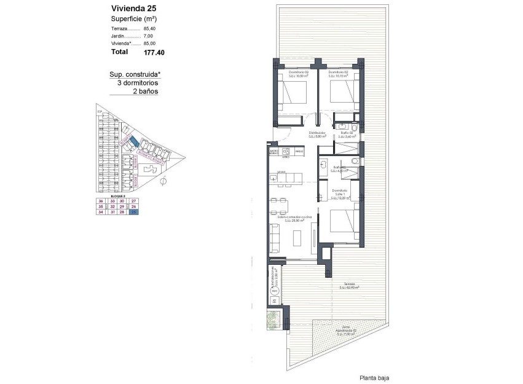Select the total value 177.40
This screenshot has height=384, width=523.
coord(154,53)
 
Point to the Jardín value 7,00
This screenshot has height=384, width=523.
coord(149,36)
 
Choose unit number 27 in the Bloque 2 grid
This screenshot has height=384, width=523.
coord(134,201)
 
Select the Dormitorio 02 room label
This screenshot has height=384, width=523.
coord(338,74)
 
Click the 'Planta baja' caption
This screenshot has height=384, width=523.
coord(374,378)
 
